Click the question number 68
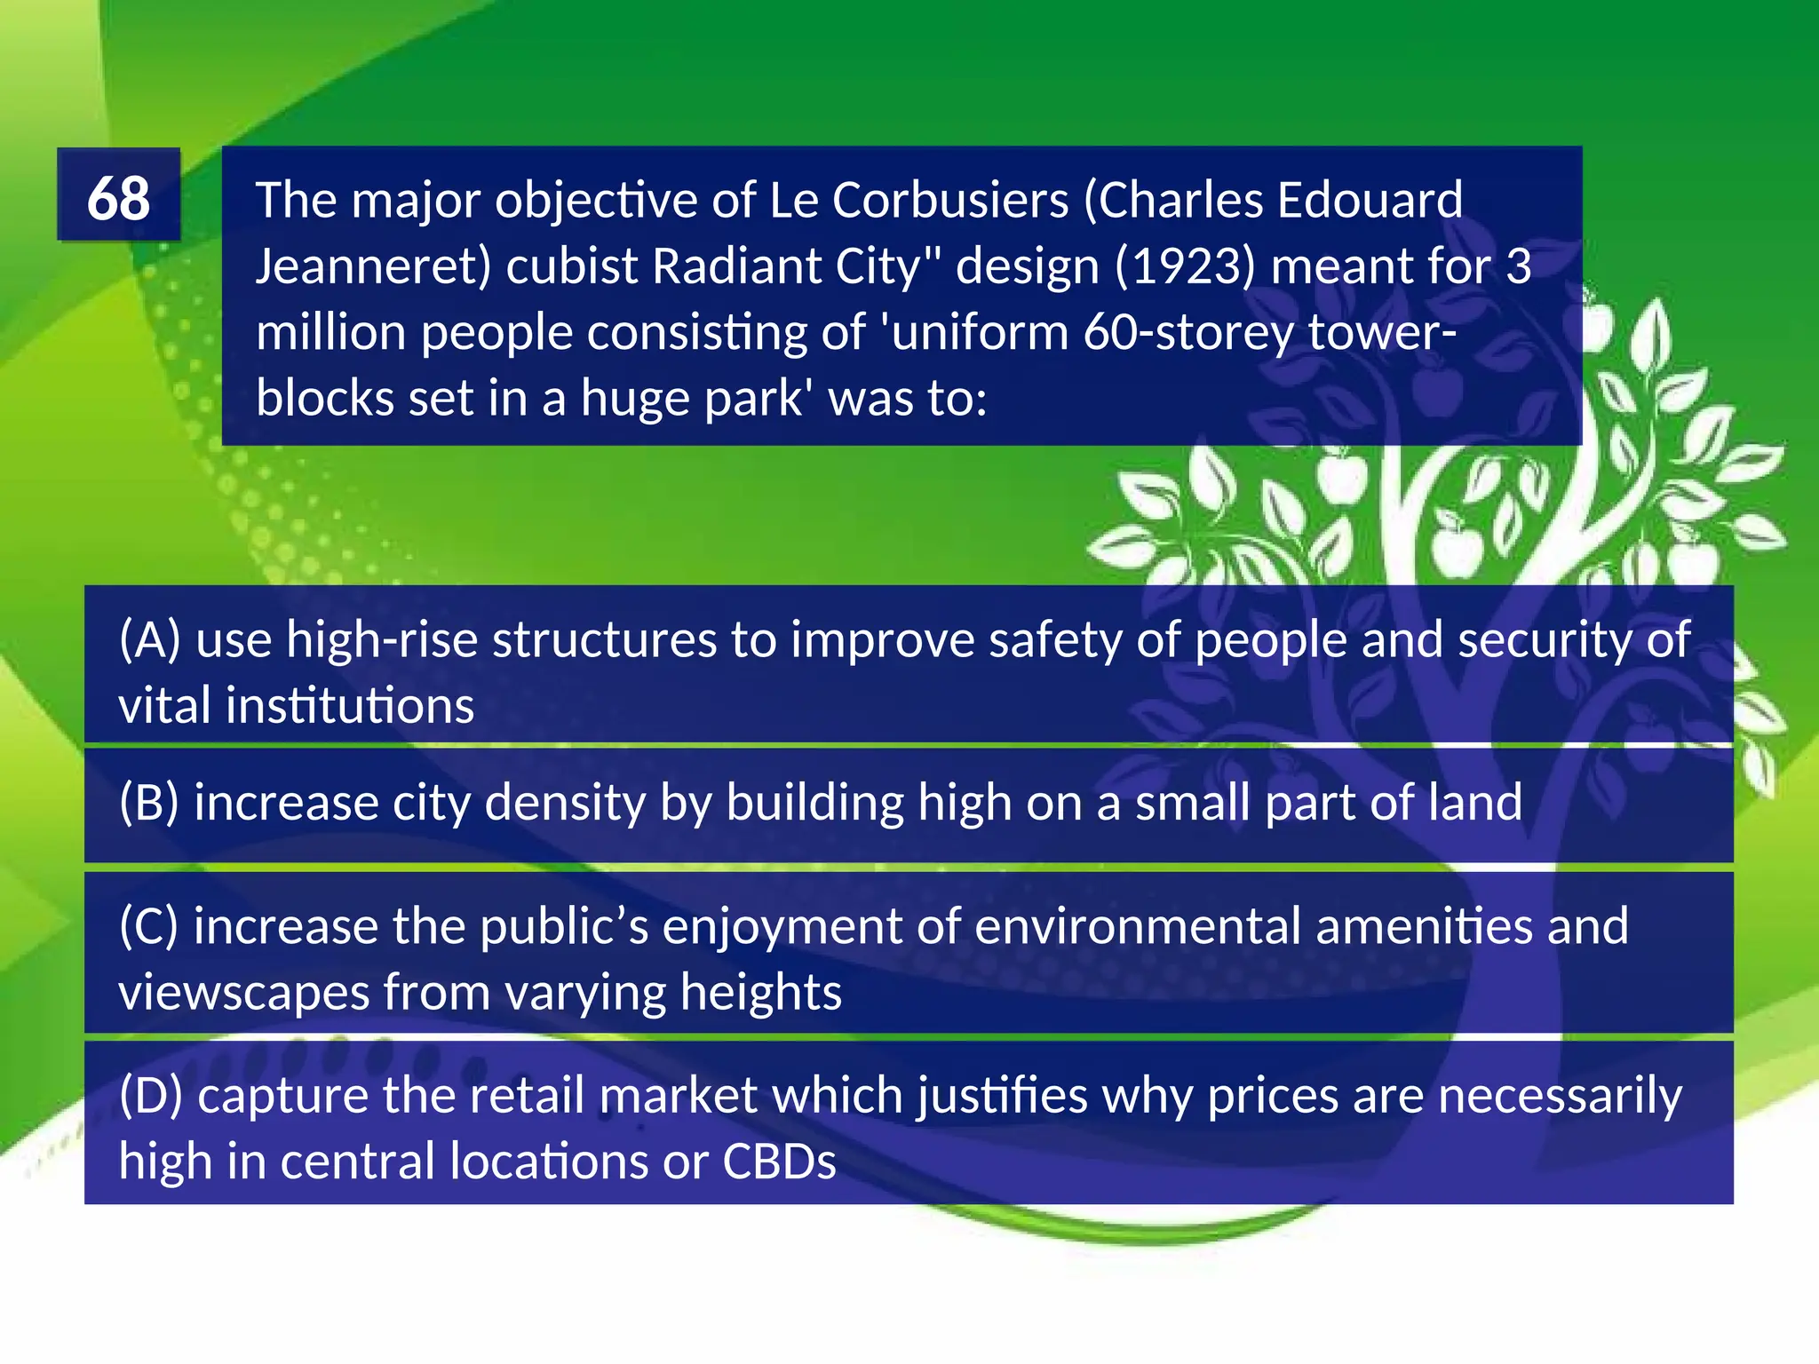118,197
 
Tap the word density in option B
564,803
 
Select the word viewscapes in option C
243,993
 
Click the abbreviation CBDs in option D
779,1162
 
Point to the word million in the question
330,332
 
